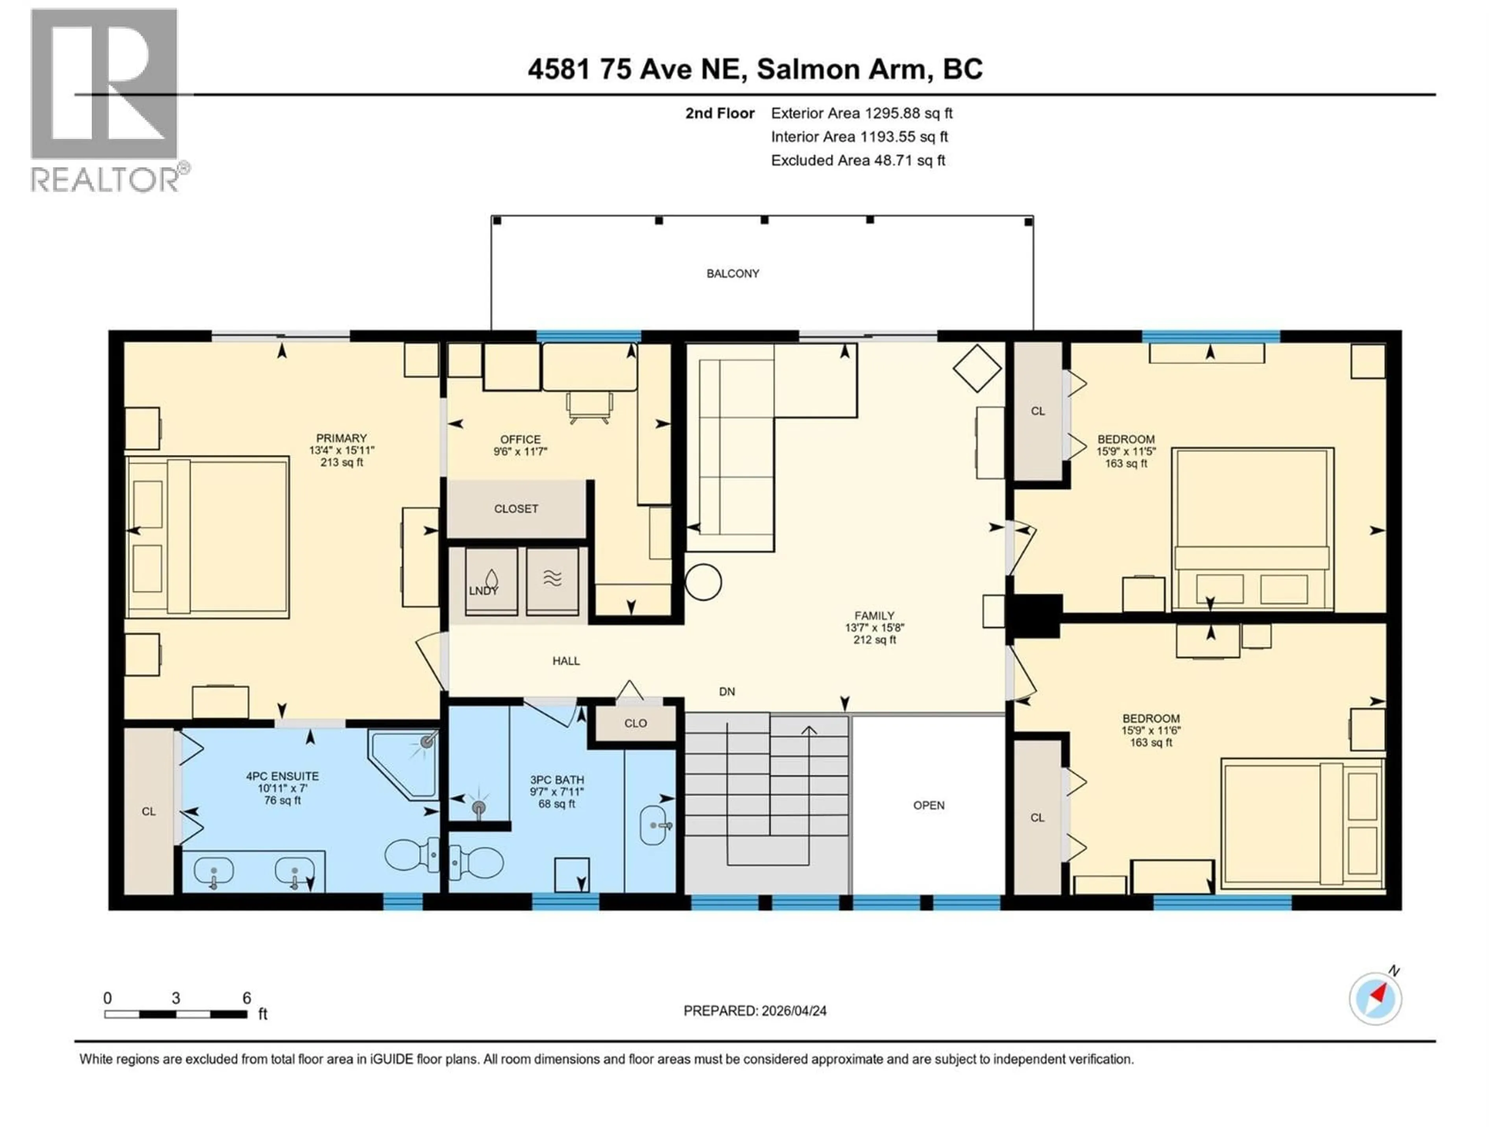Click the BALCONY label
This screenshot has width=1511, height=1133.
click(732, 273)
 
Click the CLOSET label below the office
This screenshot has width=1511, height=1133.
click(516, 509)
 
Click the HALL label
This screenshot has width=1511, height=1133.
click(565, 661)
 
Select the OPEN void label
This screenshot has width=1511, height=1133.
click(928, 806)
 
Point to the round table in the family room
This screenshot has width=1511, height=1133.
click(703, 583)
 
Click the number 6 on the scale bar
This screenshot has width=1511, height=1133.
click(247, 998)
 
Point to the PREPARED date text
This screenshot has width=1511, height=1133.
click(755, 1011)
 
